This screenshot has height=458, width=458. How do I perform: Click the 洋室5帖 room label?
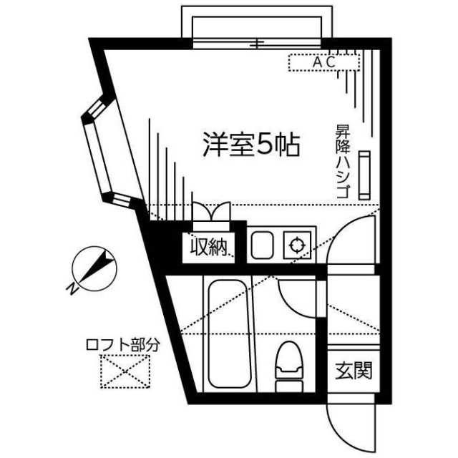252,145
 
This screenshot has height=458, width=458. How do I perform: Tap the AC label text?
324,62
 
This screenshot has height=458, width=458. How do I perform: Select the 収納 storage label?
208,248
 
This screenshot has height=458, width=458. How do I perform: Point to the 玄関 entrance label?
354,371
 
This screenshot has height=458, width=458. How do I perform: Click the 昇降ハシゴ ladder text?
343,162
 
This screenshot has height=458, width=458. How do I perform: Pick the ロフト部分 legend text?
123,345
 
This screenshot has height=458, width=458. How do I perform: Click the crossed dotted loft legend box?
125,371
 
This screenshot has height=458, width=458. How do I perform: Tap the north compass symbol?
94,269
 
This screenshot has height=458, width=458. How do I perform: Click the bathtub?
230,334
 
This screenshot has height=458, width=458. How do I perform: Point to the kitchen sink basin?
263,245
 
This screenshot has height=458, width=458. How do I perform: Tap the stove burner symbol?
297,245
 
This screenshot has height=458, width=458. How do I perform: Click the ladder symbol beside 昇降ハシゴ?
364,175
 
